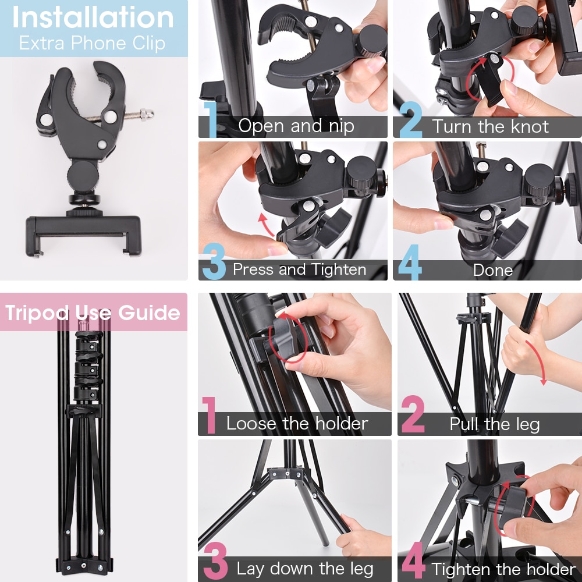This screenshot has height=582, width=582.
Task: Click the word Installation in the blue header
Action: pyautogui.click(x=93, y=17)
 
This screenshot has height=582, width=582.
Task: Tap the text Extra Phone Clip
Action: pyautogui.click(x=92, y=43)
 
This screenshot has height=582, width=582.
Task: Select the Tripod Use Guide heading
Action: pyautogui.click(x=93, y=313)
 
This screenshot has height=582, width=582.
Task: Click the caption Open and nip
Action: pyautogui.click(x=296, y=126)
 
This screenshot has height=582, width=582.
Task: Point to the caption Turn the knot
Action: pyautogui.click(x=490, y=126)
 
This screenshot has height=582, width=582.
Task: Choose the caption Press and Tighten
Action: pyautogui.click(x=300, y=269)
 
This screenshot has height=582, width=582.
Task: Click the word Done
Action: pyautogui.click(x=493, y=270)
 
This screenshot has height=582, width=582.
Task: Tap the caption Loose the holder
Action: pyautogui.click(x=297, y=424)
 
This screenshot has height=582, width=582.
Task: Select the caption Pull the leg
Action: pyautogui.click(x=494, y=424)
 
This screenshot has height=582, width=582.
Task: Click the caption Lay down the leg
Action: pyautogui.click(x=305, y=569)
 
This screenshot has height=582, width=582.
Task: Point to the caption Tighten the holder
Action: pyautogui.click(x=503, y=569)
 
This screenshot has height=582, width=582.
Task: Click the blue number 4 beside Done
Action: pyautogui.click(x=410, y=262)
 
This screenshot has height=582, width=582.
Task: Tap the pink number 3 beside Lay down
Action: pyautogui.click(x=215, y=560)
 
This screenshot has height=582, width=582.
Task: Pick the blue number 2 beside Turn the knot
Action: pyautogui.click(x=411, y=119)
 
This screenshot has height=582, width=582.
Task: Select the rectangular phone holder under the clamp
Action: pyautogui.click(x=83, y=235)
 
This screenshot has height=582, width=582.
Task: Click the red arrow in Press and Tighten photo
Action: pyautogui.click(x=265, y=223)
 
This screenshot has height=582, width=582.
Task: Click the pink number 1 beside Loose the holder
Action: pyautogui.click(x=210, y=415)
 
